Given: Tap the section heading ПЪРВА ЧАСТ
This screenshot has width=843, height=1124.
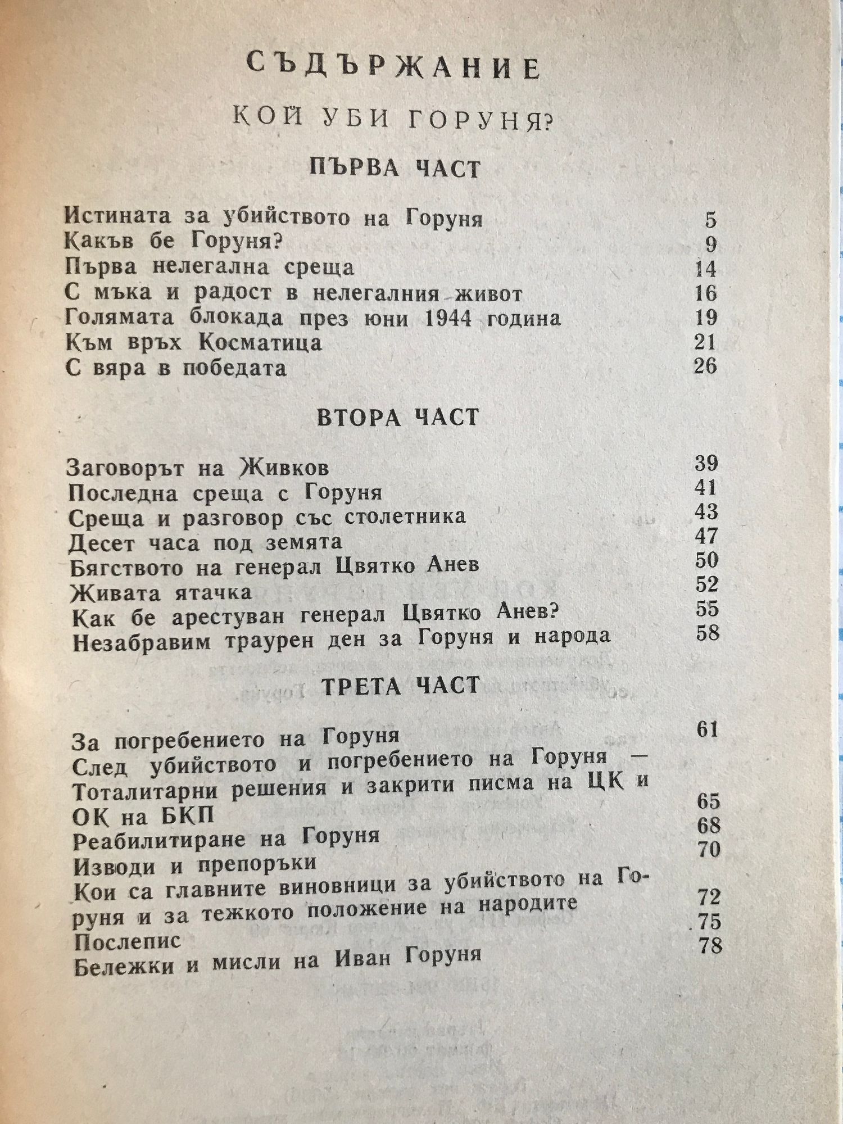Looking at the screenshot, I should point(395,168).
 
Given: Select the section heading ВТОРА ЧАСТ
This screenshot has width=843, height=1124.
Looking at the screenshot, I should point(398,417).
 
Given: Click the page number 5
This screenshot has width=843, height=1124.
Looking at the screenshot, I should point(711,220).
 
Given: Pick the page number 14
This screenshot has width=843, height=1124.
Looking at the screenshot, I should point(705,269).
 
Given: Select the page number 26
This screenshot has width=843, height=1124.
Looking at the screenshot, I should point(705,366).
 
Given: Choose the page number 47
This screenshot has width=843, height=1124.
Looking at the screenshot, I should point(706,537).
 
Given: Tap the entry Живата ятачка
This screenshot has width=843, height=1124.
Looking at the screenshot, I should point(161,592).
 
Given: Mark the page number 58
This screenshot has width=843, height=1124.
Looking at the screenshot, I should point(707,633).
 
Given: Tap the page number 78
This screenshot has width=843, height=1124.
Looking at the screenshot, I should point(710,946).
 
